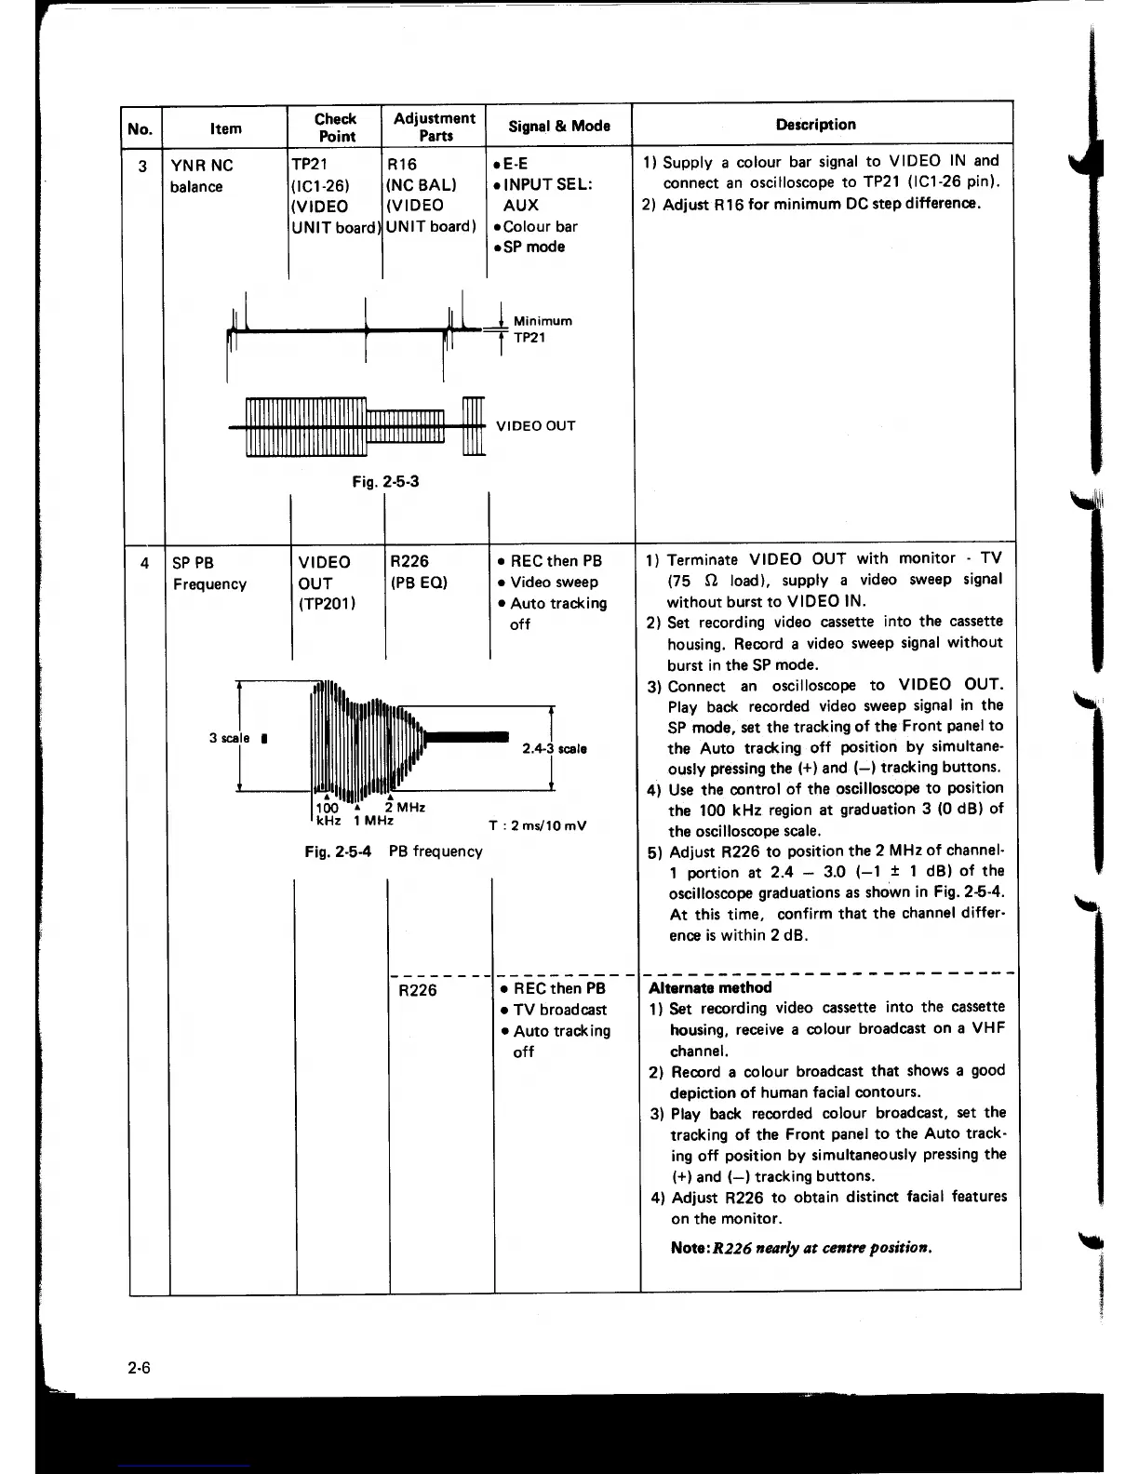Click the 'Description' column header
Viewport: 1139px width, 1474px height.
(815, 125)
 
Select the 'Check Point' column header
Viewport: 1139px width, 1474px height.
(336, 127)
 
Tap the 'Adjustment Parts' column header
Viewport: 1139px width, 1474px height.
(435, 127)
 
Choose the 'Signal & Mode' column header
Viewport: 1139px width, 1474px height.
(558, 126)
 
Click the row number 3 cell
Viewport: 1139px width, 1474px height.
(142, 167)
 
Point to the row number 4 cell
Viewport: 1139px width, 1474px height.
(144, 562)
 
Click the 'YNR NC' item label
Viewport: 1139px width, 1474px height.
(202, 166)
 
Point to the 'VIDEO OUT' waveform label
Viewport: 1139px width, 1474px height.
(535, 426)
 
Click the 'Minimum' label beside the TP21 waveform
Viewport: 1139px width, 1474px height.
(543, 321)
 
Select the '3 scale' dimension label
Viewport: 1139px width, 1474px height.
(229, 738)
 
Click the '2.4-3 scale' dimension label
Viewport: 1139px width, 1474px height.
(554, 748)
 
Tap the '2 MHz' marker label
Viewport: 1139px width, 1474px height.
(405, 808)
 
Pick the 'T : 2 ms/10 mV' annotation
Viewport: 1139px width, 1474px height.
(537, 826)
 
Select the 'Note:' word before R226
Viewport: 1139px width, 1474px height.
(690, 1248)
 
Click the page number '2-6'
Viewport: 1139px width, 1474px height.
(140, 1368)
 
